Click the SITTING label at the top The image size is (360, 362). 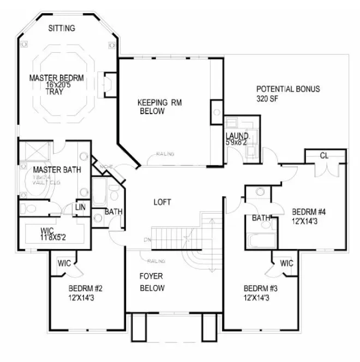click(62, 28)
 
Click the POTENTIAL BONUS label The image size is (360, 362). click(288, 89)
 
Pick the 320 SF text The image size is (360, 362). click(268, 99)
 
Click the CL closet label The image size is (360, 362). click(324, 156)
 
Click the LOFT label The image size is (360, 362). click(162, 202)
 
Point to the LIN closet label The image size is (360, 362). click(80, 208)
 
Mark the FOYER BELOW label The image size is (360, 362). click(152, 282)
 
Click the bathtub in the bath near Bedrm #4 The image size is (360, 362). click(260, 240)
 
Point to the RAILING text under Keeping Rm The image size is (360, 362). click(165, 154)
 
